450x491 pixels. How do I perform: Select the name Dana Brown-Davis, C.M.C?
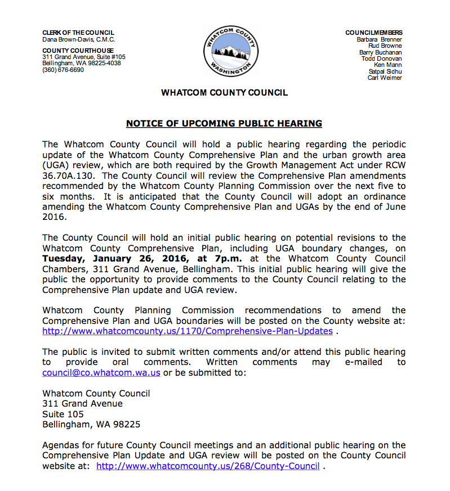pos(78,39)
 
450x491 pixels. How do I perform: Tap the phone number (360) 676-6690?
pos(63,70)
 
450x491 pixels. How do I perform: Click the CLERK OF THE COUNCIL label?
pos(78,33)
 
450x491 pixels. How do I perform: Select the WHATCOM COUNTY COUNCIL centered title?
pos(224,93)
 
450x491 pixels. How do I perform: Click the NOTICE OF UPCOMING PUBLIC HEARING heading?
pos(224,124)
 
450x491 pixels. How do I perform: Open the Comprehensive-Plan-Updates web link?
pos(188,331)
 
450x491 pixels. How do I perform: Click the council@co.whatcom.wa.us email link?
pos(101,372)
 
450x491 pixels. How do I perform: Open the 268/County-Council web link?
pos(208,466)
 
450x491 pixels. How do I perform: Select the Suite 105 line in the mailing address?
pos(63,414)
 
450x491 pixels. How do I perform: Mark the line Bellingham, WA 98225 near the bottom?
pos(91,425)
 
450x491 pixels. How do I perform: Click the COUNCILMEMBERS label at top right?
pos(374,33)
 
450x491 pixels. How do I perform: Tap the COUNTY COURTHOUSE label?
pos(78,51)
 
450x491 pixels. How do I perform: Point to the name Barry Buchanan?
pos(380,52)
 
